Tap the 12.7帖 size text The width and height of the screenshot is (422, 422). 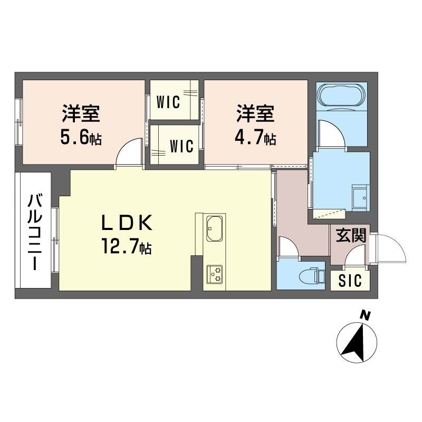127,247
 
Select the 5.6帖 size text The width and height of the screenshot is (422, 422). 81,138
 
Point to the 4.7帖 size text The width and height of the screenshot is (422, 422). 255,138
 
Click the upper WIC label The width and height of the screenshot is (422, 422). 169,101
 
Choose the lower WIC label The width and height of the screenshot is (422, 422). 181,146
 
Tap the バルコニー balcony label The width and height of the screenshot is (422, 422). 35,232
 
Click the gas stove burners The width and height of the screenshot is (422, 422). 214,273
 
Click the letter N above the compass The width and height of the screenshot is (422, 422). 363,315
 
